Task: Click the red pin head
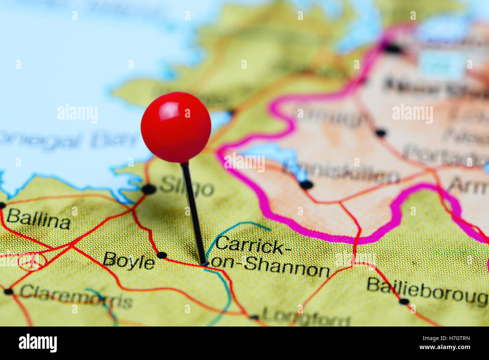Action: [x=176, y=127]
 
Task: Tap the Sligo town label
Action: [x=187, y=187]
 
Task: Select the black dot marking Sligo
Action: [x=149, y=189]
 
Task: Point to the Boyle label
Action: [x=129, y=261]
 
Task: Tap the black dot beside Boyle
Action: [x=162, y=255]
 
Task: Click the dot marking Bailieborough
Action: [x=404, y=301]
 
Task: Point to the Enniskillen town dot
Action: [x=307, y=185]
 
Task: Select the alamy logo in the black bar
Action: [x=38, y=343]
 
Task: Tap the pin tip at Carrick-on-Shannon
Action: [x=204, y=264]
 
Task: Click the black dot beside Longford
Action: [x=255, y=317]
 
